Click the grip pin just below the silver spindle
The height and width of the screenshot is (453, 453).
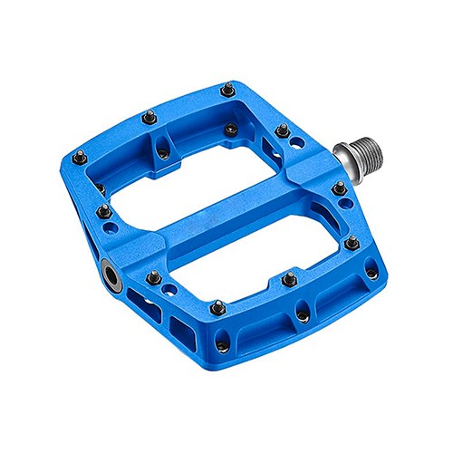click(x=339, y=188)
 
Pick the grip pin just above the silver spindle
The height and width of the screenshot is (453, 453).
click(x=283, y=130)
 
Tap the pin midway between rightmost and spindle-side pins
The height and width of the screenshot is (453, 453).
click(x=351, y=243)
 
